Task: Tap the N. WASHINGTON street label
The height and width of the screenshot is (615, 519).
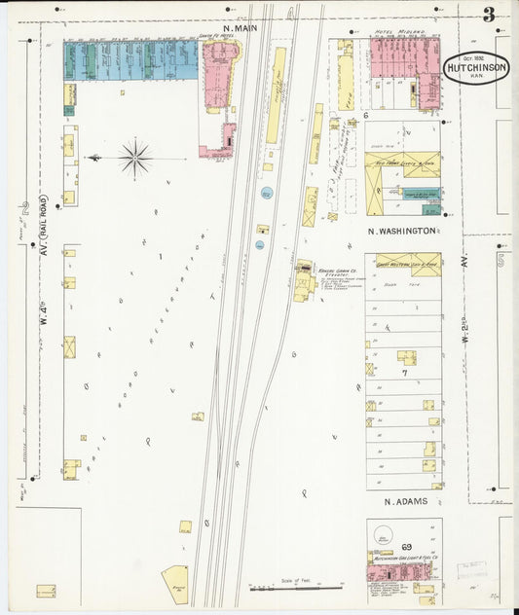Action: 401,232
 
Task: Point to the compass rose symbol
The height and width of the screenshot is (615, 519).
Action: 134,156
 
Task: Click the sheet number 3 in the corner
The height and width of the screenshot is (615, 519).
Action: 488,14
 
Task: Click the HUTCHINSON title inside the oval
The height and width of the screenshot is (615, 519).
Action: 474,68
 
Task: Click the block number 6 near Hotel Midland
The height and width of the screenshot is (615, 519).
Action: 365,115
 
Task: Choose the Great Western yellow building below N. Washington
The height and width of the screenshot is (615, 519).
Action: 402,264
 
